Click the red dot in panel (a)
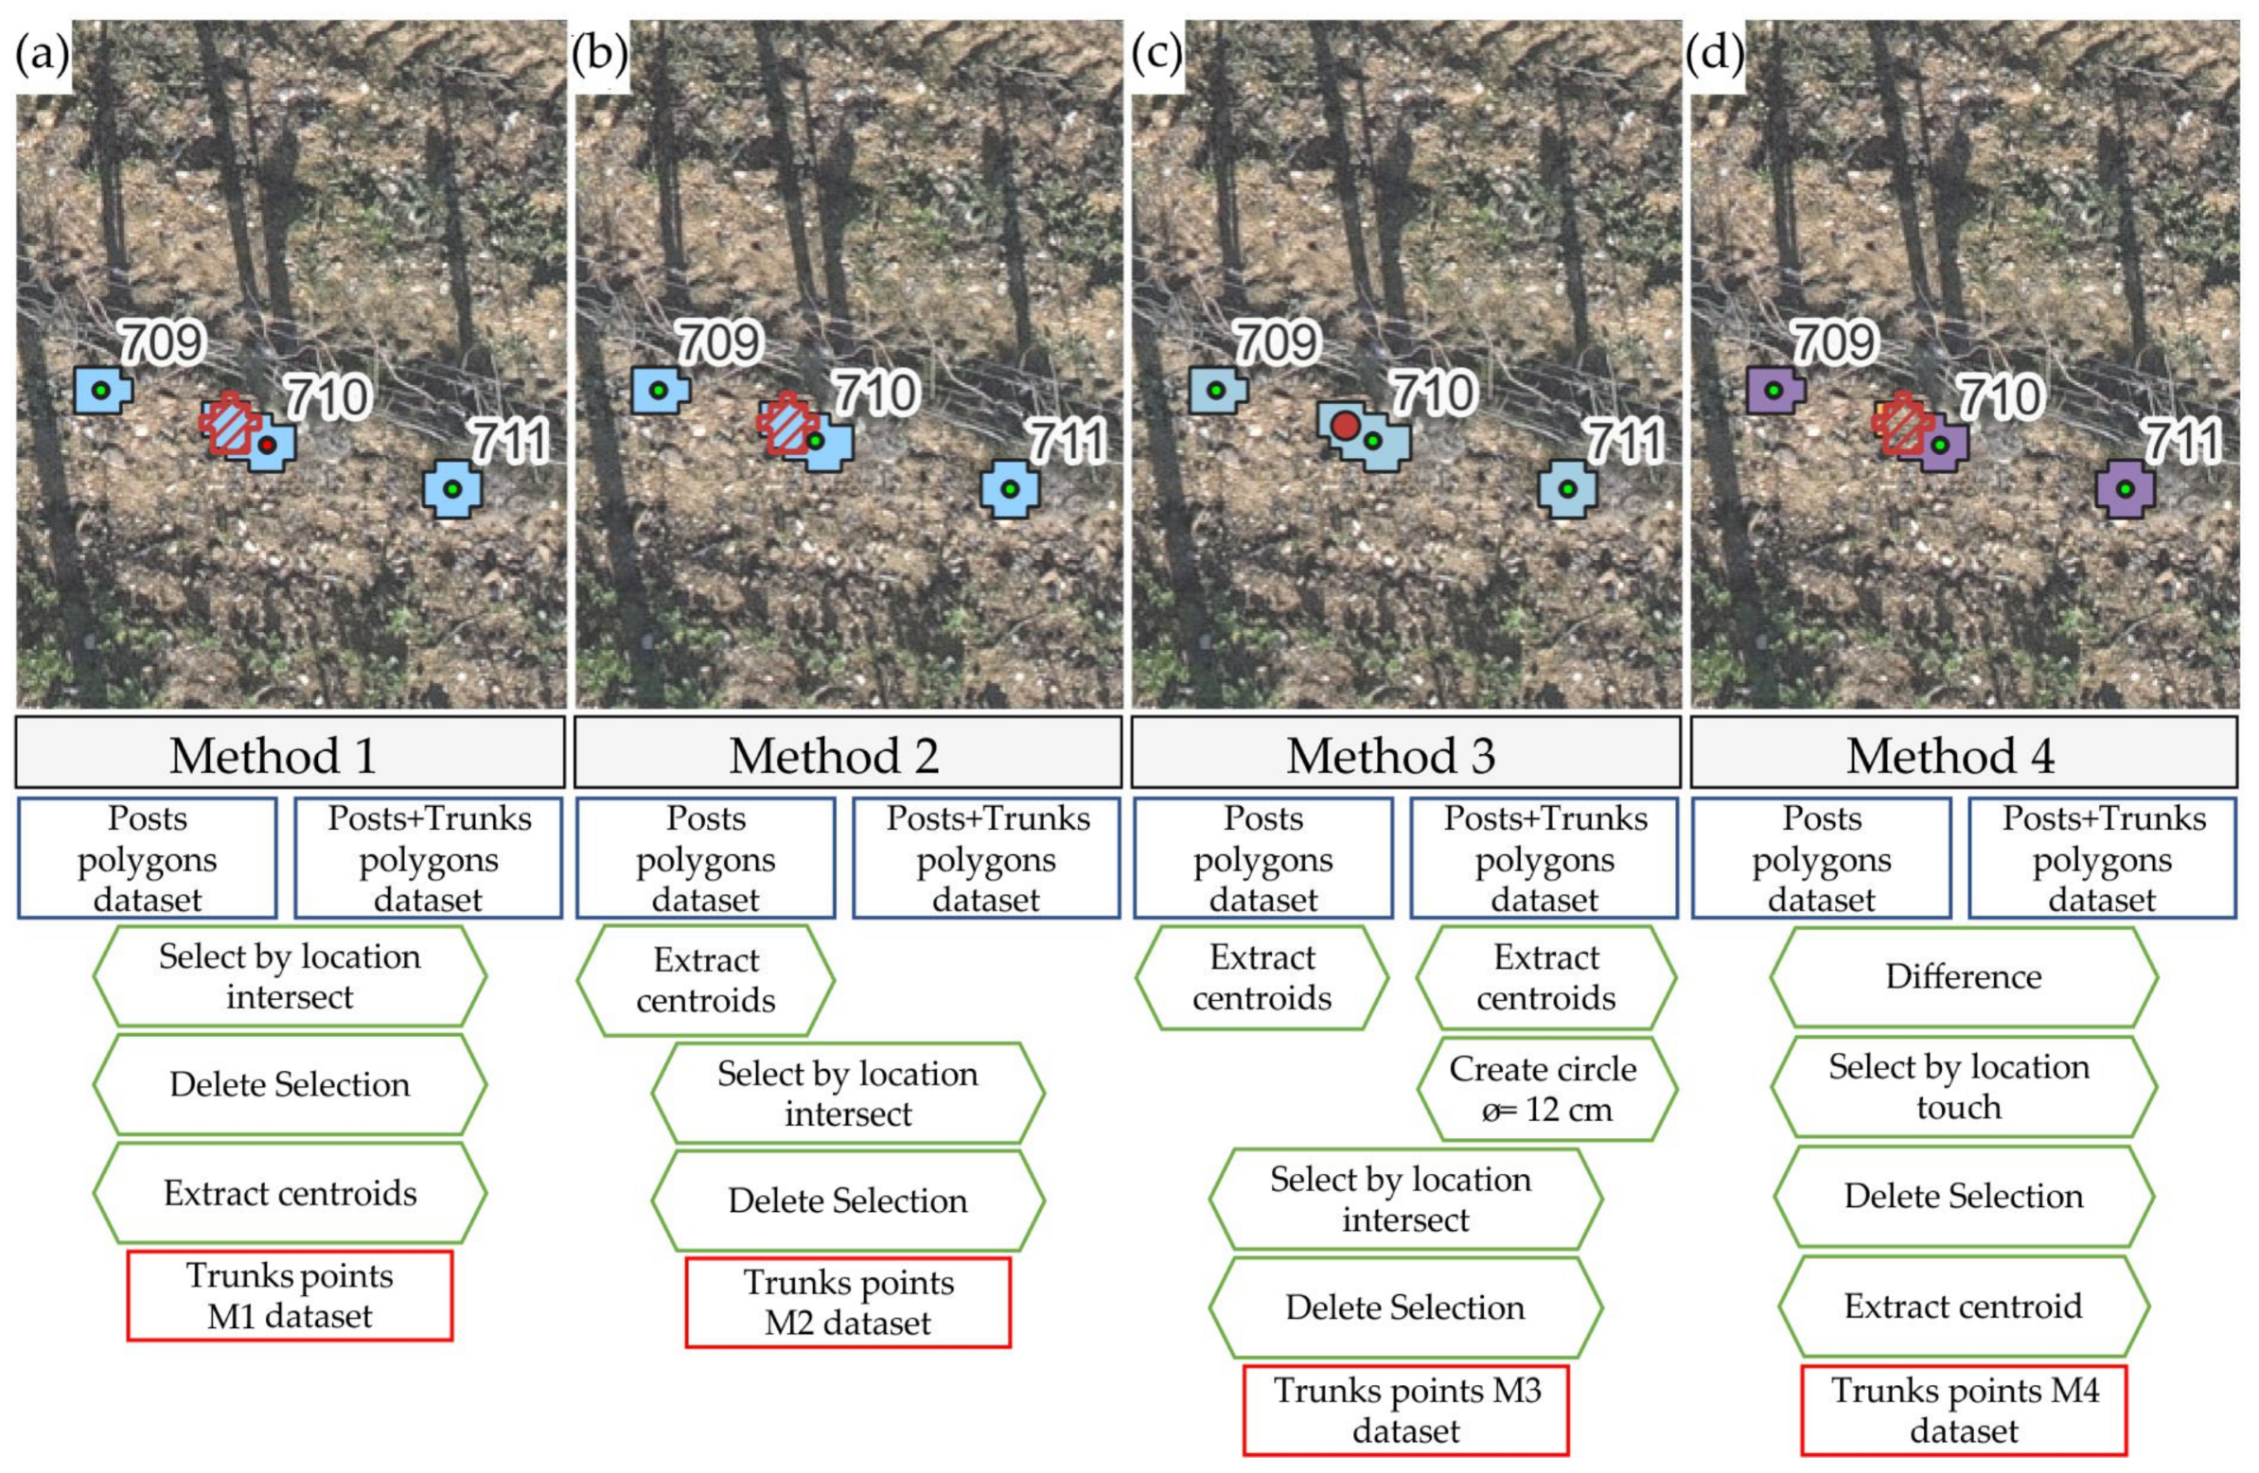pos(268,445)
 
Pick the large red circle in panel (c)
pos(1344,424)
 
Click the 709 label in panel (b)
pos(719,342)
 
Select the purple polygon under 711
pos(2126,490)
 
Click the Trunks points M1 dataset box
pos(290,1295)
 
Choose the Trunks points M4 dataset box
pos(1964,1410)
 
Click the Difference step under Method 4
pos(1963,976)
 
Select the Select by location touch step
pos(1961,1087)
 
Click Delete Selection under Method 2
pos(848,1201)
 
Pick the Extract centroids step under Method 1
pos(290,1193)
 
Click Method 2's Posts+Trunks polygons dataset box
pos(986,858)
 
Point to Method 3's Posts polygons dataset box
pos(1262,858)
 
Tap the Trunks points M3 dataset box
pos(1405,1410)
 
